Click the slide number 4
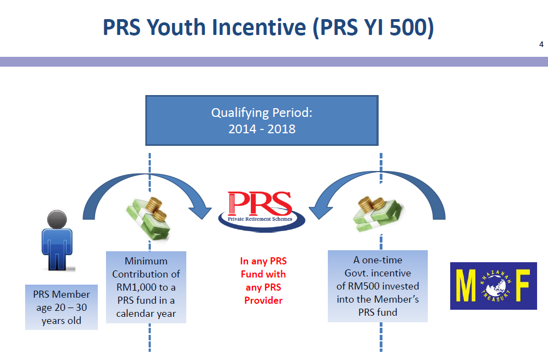[541, 44]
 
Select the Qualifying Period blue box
[262, 120]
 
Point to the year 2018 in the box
[281, 129]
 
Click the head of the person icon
[57, 220]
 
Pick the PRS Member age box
[61, 307]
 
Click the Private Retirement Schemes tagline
[260, 219]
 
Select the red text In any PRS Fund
[263, 267]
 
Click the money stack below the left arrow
[149, 219]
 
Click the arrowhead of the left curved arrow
[201, 212]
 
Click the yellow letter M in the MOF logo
[466, 286]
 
